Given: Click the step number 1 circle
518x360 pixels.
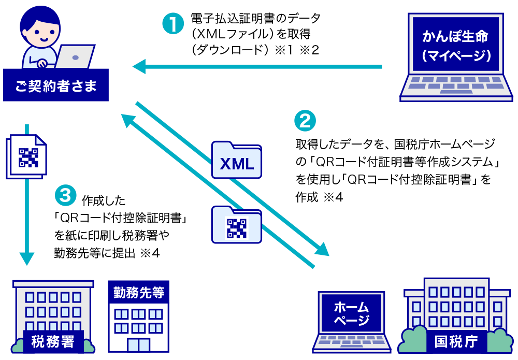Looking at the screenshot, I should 174,24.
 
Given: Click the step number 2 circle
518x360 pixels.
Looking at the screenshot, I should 305,121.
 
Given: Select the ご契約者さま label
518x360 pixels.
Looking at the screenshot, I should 56,85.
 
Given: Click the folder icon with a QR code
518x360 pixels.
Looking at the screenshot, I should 237,224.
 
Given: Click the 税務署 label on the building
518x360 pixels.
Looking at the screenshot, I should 53,342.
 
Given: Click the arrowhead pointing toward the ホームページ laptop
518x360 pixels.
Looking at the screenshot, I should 322,249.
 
